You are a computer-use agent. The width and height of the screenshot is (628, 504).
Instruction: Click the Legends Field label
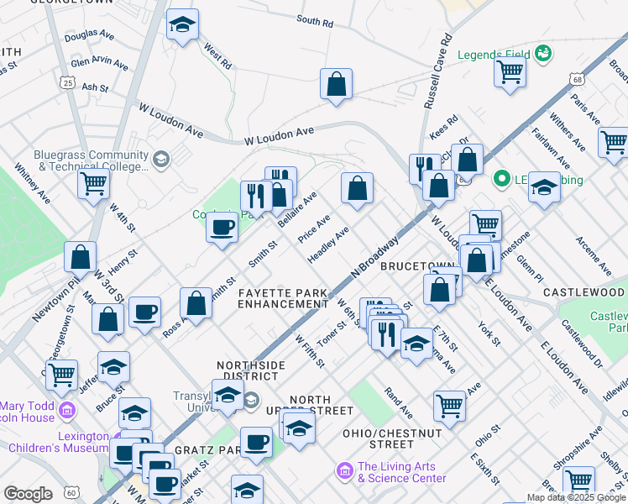coord(494,55)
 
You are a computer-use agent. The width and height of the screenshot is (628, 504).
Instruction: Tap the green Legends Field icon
coord(543,55)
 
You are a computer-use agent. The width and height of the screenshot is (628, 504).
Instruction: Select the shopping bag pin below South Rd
coord(336,85)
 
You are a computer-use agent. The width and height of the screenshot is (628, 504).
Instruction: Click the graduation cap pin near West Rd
coord(181,26)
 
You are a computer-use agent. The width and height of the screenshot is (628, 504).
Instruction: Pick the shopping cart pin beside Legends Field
coord(510,73)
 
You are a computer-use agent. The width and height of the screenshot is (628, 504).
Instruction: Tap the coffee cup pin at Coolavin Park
coord(222,228)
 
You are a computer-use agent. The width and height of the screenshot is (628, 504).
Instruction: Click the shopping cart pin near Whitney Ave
coord(94,183)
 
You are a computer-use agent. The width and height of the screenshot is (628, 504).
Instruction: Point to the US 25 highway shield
coord(68,81)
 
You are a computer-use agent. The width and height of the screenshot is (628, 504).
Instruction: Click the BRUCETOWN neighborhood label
coord(416,265)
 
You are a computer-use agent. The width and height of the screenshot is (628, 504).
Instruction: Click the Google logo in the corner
coord(27,494)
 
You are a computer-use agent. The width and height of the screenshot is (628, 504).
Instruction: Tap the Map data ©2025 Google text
coord(575,497)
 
